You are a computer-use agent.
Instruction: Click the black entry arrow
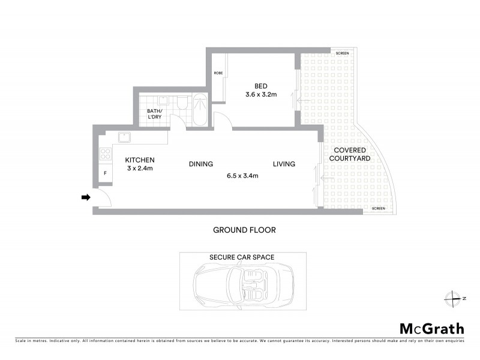click(86, 197)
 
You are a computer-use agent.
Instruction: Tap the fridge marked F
click(106, 174)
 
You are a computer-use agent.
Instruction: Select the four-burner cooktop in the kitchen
click(105, 154)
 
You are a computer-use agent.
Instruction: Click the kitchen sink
click(124, 138)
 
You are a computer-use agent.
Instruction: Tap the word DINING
click(201, 164)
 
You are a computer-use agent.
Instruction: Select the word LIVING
click(284, 164)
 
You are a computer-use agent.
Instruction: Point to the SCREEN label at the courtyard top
click(342, 53)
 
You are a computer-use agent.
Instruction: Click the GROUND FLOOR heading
click(244, 230)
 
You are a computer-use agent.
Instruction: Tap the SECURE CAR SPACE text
click(242, 257)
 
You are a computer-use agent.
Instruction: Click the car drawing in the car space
click(242, 286)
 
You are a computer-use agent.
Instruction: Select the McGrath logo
click(432, 328)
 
